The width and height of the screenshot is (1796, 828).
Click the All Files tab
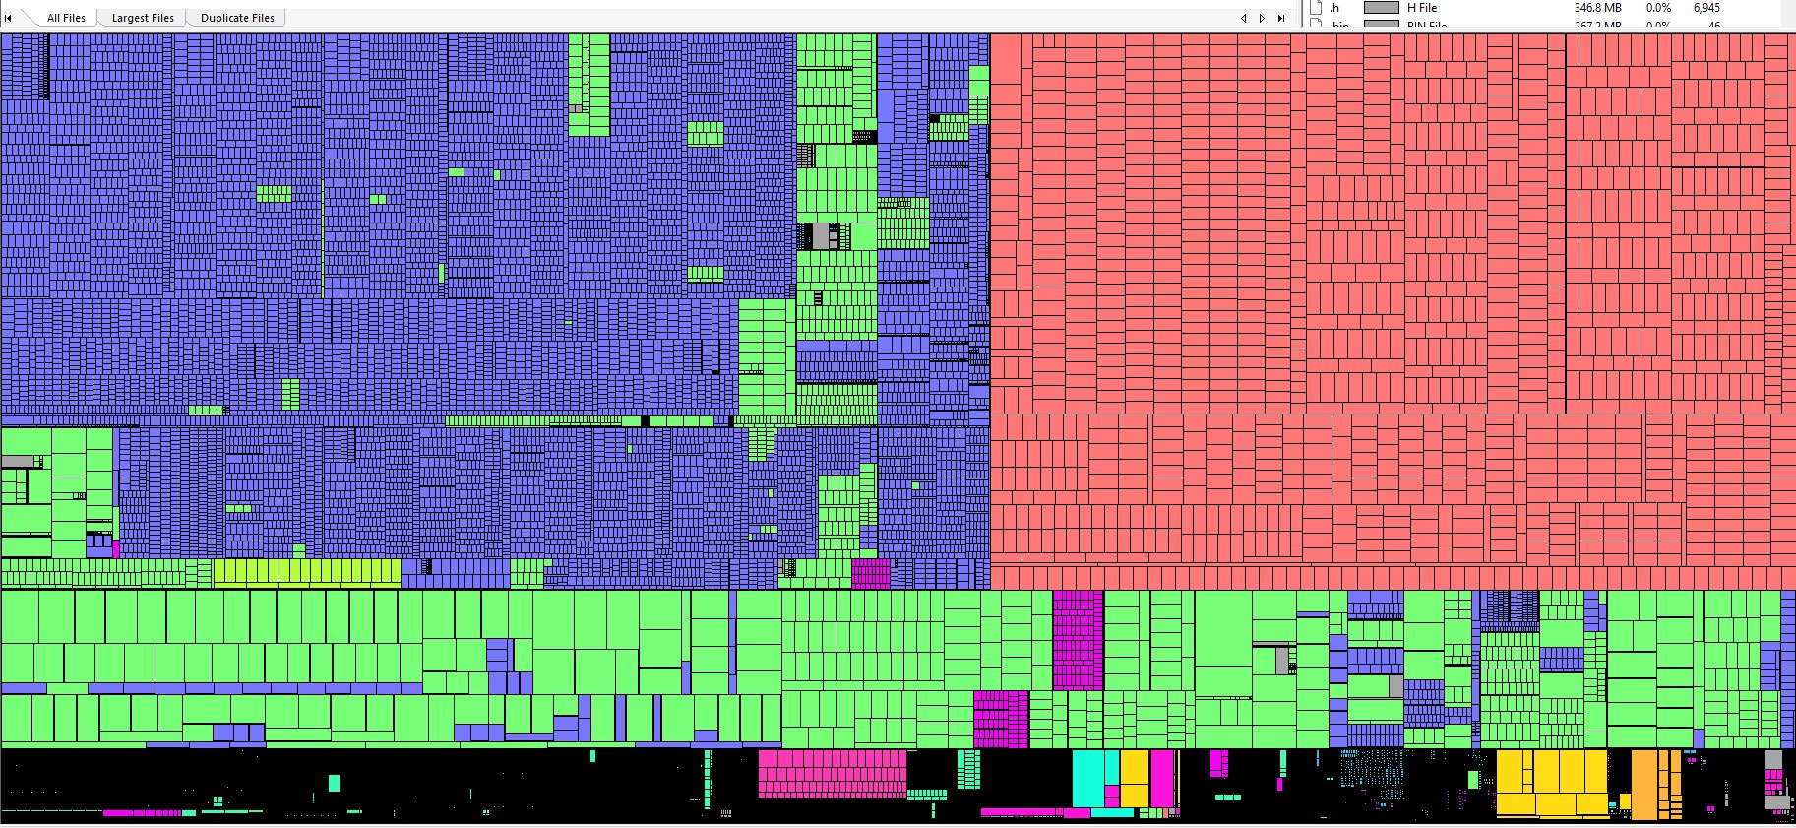(66, 18)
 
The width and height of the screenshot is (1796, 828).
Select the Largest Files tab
(143, 18)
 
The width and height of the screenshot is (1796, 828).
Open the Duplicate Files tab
(237, 18)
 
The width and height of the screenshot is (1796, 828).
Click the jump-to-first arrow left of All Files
(9, 18)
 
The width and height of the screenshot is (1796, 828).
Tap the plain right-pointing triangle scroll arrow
(1262, 18)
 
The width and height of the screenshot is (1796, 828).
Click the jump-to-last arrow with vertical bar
(1280, 18)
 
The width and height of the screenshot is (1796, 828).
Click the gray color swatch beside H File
(1381, 8)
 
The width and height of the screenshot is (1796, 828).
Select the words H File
(1422, 8)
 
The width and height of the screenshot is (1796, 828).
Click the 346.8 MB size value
(1597, 8)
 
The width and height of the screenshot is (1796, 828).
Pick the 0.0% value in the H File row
(1658, 8)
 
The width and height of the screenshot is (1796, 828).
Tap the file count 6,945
(1706, 8)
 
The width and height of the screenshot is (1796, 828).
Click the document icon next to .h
(1316, 8)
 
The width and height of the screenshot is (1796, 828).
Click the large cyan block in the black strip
(1087, 778)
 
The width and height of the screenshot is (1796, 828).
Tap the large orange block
(1643, 785)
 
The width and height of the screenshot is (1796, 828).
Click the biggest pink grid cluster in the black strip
(833, 773)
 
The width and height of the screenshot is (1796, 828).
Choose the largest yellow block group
(1550, 783)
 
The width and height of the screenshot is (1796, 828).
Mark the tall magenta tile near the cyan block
(1162, 779)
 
